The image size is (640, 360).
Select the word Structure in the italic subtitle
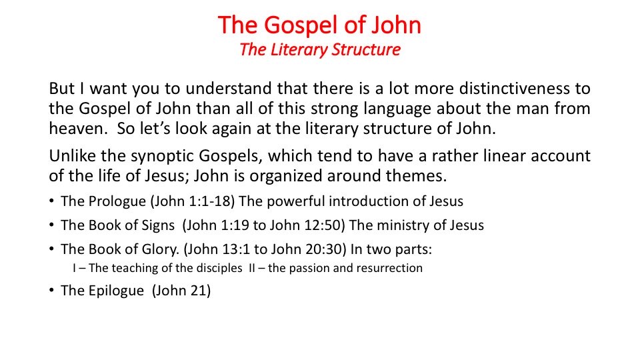[366, 50]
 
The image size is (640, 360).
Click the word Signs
[158, 225]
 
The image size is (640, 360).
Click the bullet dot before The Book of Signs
[51, 225]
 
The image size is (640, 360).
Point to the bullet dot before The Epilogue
[51, 290]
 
